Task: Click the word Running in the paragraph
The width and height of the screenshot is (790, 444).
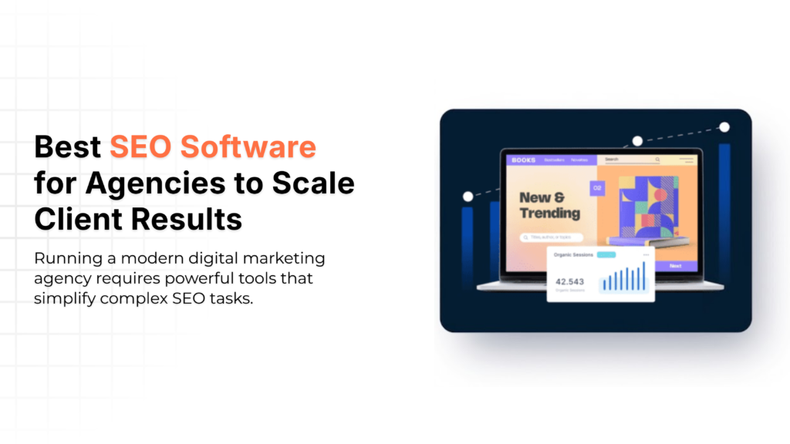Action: (x=66, y=257)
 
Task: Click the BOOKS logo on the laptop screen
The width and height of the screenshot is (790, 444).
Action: (x=522, y=160)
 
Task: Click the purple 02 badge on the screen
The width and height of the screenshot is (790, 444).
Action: (x=596, y=187)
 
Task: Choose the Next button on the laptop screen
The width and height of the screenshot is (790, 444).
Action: (x=675, y=266)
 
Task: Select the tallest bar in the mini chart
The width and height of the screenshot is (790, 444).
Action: (x=643, y=275)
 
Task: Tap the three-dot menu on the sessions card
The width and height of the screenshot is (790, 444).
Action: (x=646, y=254)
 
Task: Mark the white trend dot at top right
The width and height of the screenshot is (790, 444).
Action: (x=724, y=127)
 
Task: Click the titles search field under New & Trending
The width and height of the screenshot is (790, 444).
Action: (x=551, y=237)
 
